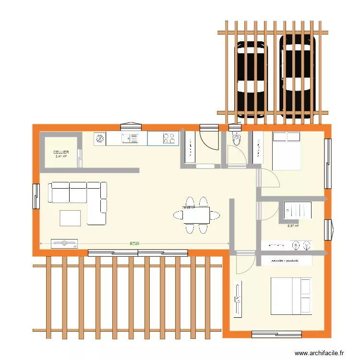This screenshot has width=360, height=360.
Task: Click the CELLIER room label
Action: point(60,152)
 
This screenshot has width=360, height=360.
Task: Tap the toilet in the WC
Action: point(236,139)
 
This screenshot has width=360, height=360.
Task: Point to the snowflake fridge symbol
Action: point(100,139)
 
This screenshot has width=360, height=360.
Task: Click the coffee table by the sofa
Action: point(70,218)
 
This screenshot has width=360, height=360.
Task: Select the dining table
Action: point(196,215)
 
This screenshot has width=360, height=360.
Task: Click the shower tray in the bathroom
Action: point(298,210)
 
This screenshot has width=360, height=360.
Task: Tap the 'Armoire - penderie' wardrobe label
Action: point(285,261)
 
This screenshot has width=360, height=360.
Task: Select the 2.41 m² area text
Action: point(61,156)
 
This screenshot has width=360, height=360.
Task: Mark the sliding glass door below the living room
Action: point(138,253)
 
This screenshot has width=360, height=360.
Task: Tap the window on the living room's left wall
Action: point(36,196)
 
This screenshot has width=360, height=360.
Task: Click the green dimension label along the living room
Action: point(134,243)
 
